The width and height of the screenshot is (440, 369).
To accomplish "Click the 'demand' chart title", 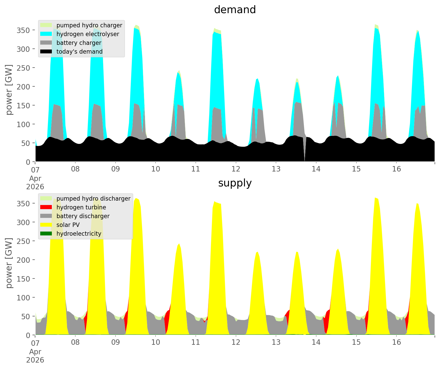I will pyautogui.click(x=235, y=10).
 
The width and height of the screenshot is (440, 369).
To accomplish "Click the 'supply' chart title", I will pyautogui.click(x=235, y=183).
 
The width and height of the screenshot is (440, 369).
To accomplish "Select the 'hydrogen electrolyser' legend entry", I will pyautogui.click(x=88, y=34).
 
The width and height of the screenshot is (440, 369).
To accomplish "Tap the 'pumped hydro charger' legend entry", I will pyautogui.click(x=89, y=25).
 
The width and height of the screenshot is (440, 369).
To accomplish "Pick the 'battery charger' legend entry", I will pyautogui.click(x=79, y=43).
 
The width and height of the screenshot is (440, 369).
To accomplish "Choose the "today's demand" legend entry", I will pyautogui.click(x=79, y=52).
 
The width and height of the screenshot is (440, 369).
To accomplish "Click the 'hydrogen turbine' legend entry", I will pyautogui.click(x=81, y=207).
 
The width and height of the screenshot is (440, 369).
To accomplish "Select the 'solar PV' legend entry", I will pyautogui.click(x=68, y=225).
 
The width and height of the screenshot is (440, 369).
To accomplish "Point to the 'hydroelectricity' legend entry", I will pyautogui.click(x=79, y=234).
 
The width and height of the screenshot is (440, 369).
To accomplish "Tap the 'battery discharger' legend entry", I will pyautogui.click(x=83, y=216).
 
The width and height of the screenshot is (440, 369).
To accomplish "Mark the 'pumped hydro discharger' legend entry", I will pyautogui.click(x=93, y=199).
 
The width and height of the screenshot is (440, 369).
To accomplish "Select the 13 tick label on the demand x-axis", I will pyautogui.click(x=276, y=169).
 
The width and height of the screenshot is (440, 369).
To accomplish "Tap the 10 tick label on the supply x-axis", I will pyautogui.click(x=156, y=342).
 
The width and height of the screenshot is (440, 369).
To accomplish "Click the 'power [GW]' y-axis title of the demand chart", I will pyautogui.click(x=9, y=90).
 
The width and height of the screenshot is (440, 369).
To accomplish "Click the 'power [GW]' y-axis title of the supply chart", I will pyautogui.click(x=9, y=263).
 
